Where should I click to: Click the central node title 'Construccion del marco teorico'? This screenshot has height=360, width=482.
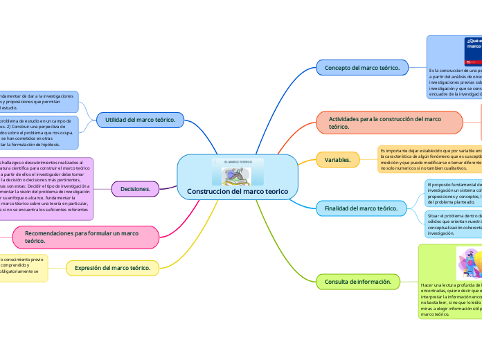pos(238,191)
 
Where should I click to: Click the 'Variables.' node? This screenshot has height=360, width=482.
pos(337,160)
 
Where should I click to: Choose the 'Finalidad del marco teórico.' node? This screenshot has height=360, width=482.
pos(361,208)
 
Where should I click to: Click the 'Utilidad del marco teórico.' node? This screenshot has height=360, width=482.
pos(139,120)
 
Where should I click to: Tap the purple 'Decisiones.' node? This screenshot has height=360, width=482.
pos(136,188)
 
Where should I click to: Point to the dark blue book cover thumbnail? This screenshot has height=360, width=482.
pos(473,52)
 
